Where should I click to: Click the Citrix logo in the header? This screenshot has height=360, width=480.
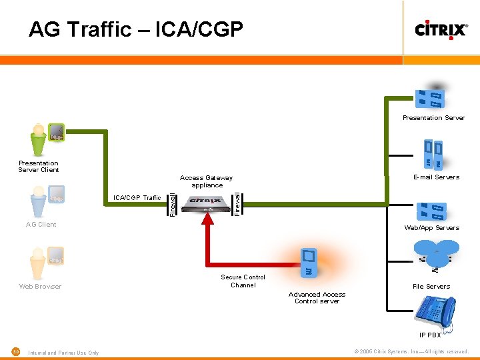click(x=441, y=29)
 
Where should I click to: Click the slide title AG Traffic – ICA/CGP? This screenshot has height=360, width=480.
click(x=136, y=29)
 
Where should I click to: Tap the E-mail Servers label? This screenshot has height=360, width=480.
click(x=436, y=177)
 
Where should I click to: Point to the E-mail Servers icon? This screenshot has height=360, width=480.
click(x=433, y=154)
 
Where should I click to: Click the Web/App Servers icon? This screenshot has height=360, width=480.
click(x=431, y=211)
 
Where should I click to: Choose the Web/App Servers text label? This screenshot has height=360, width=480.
click(x=431, y=228)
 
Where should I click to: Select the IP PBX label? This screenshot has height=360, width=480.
click(x=430, y=335)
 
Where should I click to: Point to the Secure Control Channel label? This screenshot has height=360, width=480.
click(x=243, y=281)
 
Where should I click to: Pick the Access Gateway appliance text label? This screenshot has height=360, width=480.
click(x=207, y=181)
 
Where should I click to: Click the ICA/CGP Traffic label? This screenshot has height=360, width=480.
click(x=137, y=198)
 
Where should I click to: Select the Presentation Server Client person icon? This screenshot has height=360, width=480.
click(x=39, y=139)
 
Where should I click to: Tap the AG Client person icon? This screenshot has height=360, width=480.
click(x=39, y=201)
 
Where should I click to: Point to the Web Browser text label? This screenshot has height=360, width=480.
click(x=40, y=287)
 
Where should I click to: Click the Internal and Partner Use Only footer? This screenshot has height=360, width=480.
click(x=63, y=353)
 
